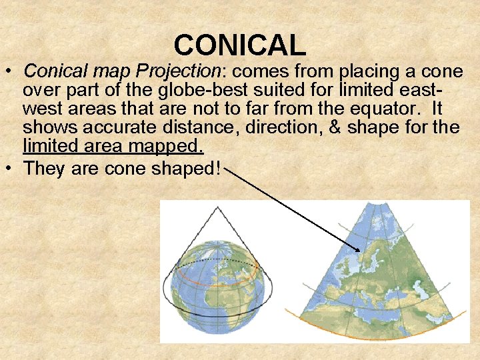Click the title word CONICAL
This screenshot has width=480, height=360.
tap(240, 45)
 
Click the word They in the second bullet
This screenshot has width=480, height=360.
tap(43, 168)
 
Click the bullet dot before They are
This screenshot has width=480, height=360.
tap(11, 169)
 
